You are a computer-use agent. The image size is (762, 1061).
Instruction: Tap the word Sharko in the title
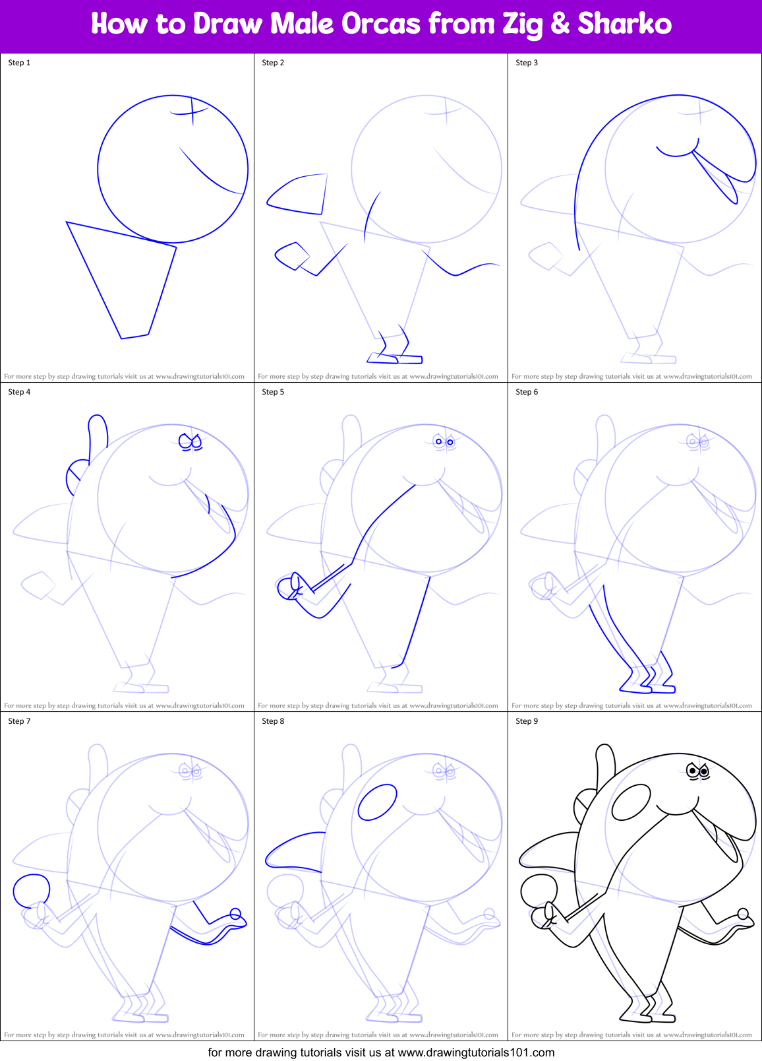pos(624,24)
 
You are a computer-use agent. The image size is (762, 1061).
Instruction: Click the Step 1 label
pos(19,63)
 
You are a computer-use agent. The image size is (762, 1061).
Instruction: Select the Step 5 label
pos(273,392)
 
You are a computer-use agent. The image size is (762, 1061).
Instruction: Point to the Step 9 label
pos(527,721)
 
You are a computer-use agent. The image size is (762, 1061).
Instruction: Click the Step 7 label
pos(19,721)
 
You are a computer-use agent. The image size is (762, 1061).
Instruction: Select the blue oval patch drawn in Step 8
pos(377,802)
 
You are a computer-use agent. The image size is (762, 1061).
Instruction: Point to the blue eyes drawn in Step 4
pos(190,442)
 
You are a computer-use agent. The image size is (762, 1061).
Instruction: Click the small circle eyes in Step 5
pos(444,441)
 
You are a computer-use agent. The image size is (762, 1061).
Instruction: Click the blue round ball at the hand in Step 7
pos(31,890)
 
